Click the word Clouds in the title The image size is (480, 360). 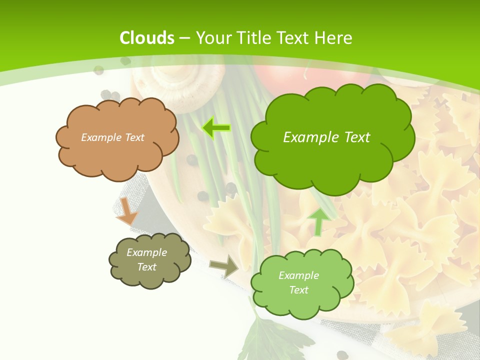click(x=147, y=38)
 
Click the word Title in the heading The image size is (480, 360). click(x=254, y=38)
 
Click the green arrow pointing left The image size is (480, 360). click(x=216, y=128)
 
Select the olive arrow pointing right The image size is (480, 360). click(x=224, y=266)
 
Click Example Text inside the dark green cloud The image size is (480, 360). click(x=326, y=137)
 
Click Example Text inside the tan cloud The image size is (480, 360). click(x=112, y=137)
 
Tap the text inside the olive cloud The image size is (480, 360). click(x=147, y=259)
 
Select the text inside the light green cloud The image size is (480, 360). click(x=298, y=282)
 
